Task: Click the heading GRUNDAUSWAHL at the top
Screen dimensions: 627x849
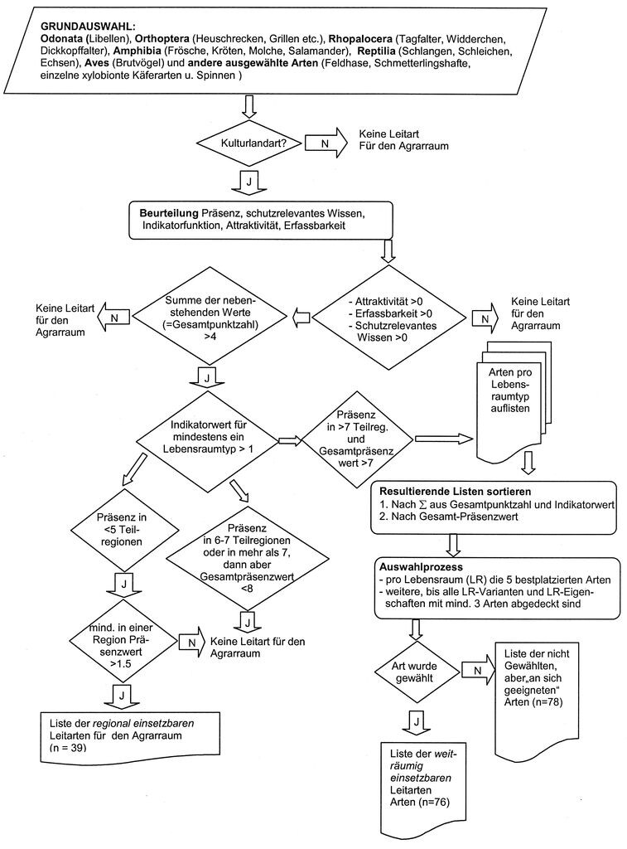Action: point(88,27)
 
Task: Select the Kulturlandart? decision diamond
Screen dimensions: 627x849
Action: point(253,143)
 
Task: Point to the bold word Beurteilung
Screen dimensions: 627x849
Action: point(169,213)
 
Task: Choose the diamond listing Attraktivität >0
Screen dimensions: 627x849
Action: point(389,319)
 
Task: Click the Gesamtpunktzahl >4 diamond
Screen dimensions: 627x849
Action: point(210,315)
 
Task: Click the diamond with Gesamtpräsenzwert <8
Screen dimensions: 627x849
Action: point(247,558)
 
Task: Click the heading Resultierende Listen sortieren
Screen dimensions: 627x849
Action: point(455,492)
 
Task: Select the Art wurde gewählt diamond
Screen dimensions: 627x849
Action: point(414,672)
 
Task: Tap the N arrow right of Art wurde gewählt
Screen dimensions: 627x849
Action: point(478,670)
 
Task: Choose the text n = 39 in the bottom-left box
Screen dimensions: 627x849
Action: point(68,748)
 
